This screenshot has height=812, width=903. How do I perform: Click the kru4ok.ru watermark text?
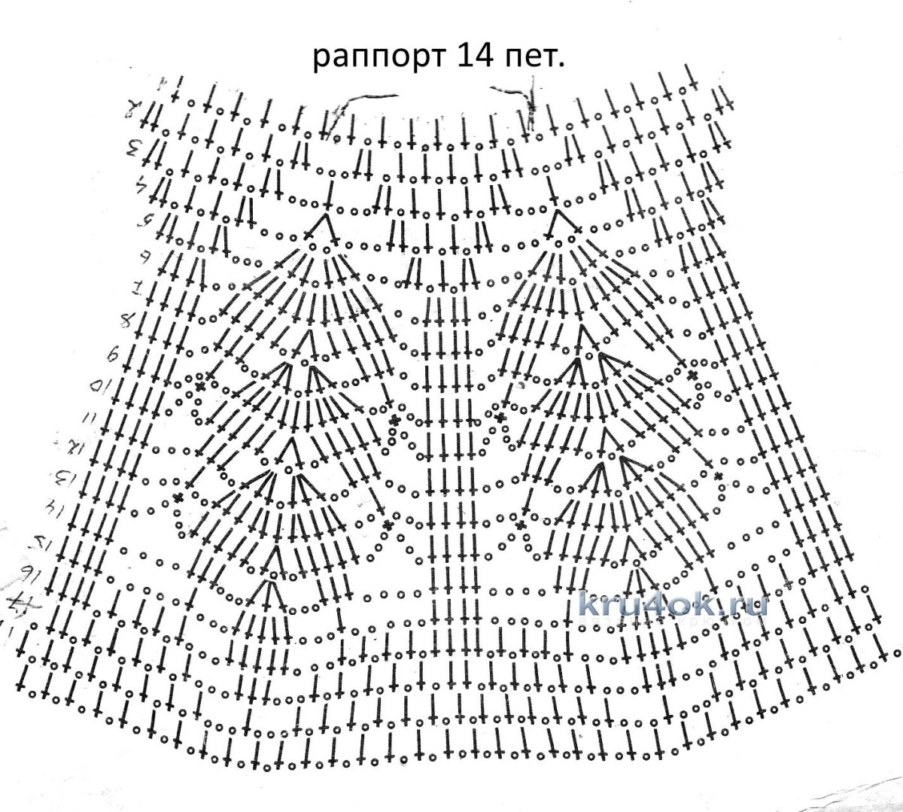pos(663,603)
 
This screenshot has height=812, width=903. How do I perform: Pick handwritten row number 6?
pos(142,256)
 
